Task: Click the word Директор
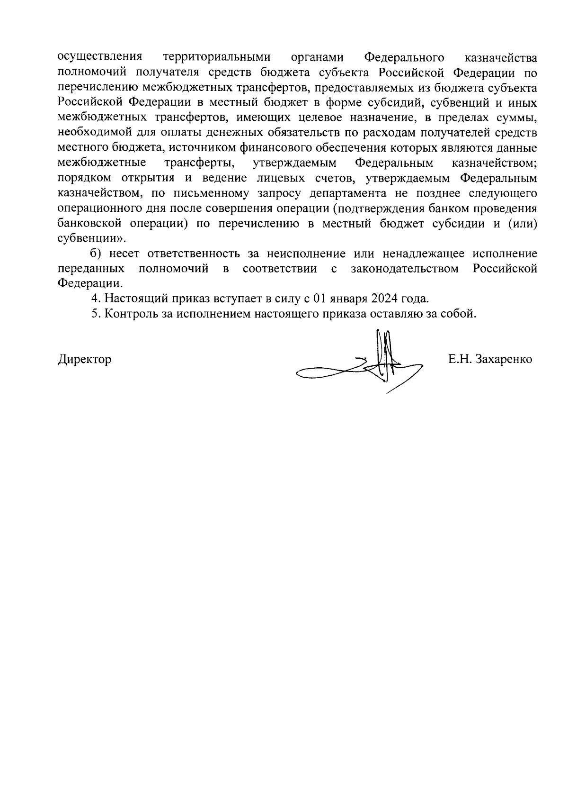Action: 85,359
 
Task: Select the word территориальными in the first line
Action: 217,58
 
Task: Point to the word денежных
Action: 229,133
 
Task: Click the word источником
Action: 203,148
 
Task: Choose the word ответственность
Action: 197,254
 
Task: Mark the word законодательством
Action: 405,269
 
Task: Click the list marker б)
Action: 97,254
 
